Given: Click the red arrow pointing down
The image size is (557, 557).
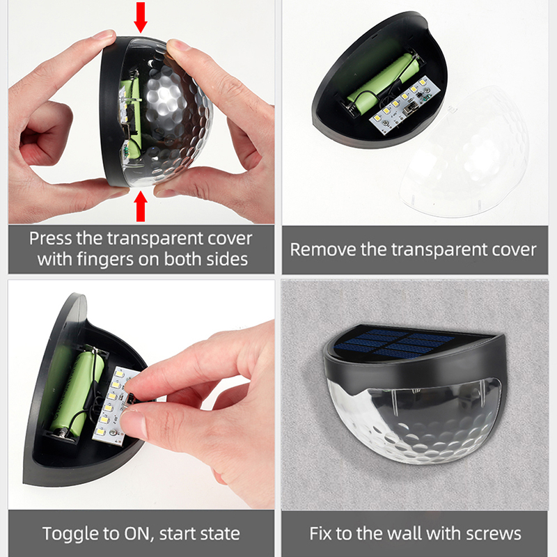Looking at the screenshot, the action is coord(141,17).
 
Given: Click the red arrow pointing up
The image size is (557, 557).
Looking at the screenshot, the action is coord(141,206).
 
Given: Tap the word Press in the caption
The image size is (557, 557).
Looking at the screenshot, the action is coord(50,238).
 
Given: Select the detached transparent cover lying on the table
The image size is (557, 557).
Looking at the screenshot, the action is coord(465,152).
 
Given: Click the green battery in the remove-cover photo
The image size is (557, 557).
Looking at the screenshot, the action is coord(381,81).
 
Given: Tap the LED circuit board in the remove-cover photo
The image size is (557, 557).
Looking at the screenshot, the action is coord(405,105).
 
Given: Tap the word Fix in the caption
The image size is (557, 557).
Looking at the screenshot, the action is coord(321,533).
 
